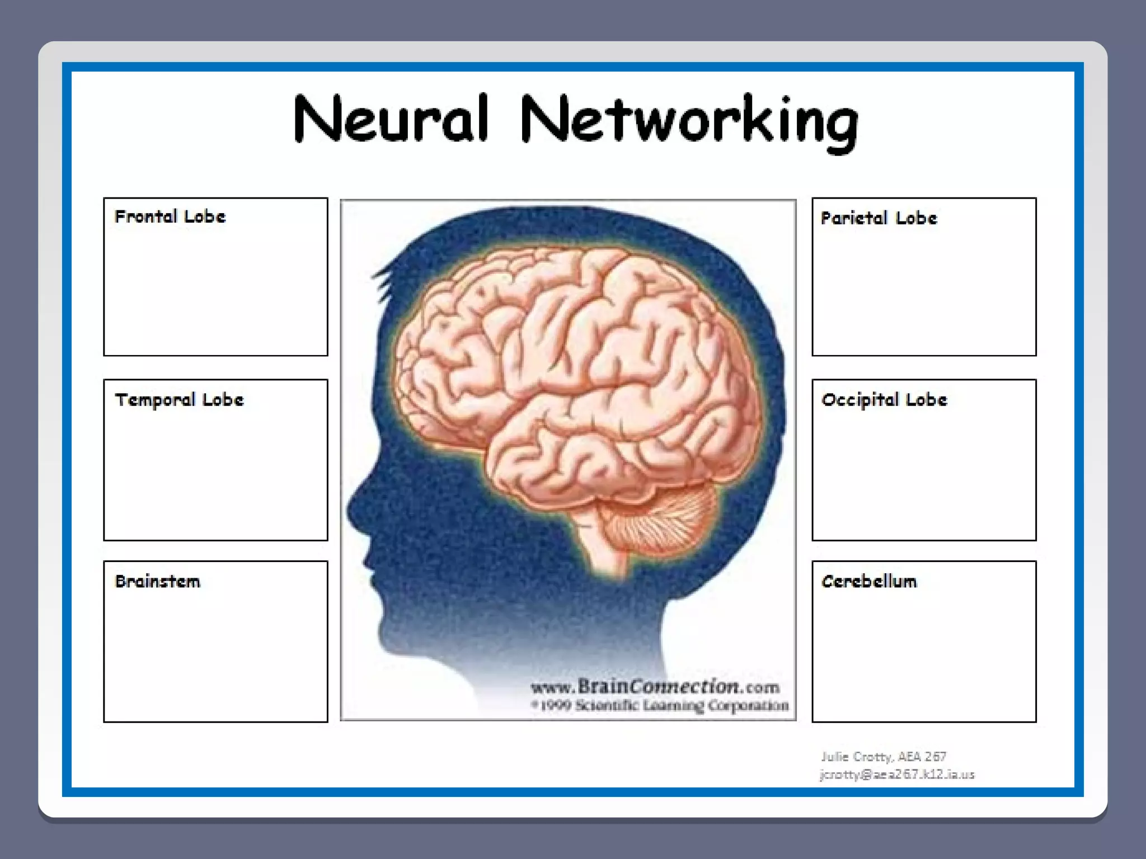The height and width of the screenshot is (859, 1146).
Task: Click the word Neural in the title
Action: (x=391, y=119)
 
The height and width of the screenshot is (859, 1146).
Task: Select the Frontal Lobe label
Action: (x=170, y=217)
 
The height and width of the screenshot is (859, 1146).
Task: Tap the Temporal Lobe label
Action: (x=179, y=400)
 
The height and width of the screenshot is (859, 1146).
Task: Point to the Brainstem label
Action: (x=157, y=582)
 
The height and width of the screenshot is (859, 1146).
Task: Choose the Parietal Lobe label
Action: (x=879, y=218)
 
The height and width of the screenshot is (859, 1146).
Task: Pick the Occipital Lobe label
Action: (x=884, y=400)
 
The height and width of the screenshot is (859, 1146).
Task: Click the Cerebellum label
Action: (x=869, y=582)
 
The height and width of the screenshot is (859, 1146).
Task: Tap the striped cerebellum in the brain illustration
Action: (x=660, y=520)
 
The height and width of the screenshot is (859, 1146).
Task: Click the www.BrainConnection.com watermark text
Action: (x=655, y=686)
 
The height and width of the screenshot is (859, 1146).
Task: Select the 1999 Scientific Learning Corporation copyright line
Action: (x=660, y=706)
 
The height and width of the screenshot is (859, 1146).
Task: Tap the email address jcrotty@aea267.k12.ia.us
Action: (x=897, y=775)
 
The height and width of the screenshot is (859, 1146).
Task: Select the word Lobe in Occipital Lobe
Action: (x=926, y=400)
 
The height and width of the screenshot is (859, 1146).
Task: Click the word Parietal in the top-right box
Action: (x=854, y=218)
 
